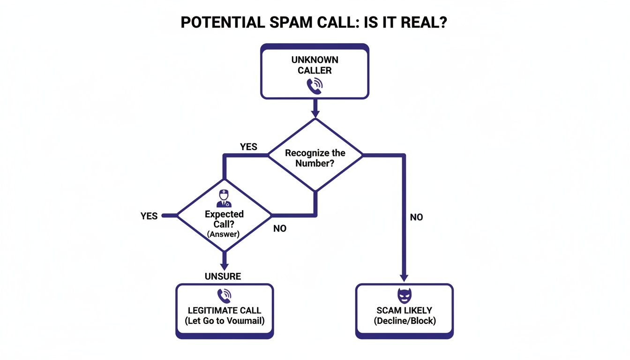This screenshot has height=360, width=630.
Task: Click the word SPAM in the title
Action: pos(299,23)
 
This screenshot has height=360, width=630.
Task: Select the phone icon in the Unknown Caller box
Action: pos(314,86)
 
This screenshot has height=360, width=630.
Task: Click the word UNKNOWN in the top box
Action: pos(315,60)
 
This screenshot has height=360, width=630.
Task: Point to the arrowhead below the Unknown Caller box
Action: pos(315,113)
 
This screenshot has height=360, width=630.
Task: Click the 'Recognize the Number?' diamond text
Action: pos(315,158)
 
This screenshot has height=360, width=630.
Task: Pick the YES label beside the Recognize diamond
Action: pos(248,147)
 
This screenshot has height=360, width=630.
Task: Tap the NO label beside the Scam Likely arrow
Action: pos(416,217)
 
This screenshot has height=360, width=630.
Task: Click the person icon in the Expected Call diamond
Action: pos(224,199)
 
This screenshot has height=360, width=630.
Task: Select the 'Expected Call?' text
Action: pos(224,219)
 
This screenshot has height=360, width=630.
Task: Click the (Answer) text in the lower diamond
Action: pos(224,234)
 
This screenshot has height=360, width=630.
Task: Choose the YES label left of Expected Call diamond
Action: pos(149,216)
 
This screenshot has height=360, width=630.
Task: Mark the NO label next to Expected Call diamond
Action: pos(279,229)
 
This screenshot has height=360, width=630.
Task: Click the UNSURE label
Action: pos(223,277)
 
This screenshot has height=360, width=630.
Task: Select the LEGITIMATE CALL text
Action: pos(225,310)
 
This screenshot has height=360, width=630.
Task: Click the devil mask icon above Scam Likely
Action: pos(404,296)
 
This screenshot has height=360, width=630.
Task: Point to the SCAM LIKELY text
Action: pos(404,310)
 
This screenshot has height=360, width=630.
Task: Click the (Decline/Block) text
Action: pos(404,321)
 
